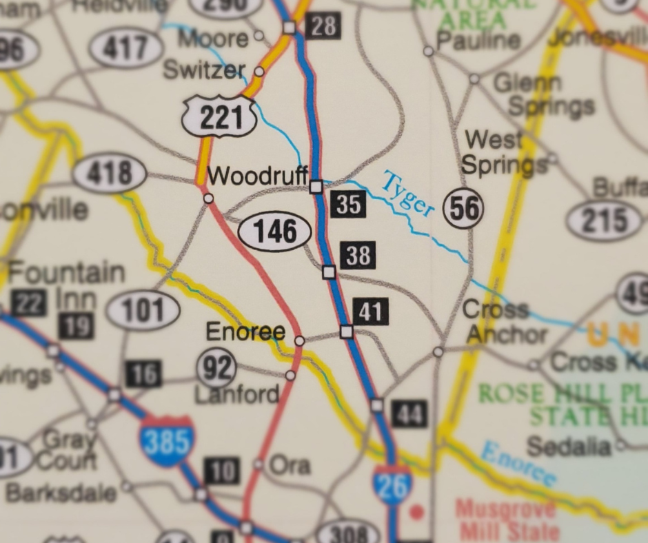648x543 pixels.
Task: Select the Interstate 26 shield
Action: coord(392,486)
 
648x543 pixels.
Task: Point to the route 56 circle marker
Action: coord(464,207)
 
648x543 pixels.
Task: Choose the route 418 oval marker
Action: coord(110,173)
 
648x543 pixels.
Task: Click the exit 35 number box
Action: coord(347,204)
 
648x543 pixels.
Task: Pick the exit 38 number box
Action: coord(358,256)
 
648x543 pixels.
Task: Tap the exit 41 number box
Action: coord(370,312)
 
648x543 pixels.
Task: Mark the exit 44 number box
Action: coord(409,414)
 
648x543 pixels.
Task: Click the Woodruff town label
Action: coord(257,176)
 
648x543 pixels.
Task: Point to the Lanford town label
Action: coord(237,394)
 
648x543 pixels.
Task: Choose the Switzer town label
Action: coord(204,70)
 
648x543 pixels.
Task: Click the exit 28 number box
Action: coord(323,26)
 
